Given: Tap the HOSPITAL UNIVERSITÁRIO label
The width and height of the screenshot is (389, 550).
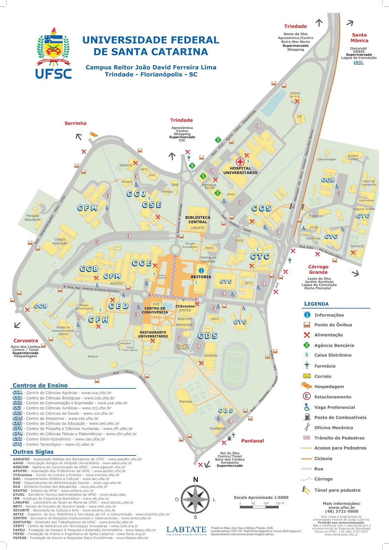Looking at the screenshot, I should pos(240,170).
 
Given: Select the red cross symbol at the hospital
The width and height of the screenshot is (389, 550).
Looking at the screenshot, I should pos(240,162).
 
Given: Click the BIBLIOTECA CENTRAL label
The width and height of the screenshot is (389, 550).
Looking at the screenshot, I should pos(198,220).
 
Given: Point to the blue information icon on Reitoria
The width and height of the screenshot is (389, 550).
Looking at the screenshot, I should pos(201,271).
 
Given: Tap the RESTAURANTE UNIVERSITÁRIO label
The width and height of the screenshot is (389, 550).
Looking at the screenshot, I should pos(153,334).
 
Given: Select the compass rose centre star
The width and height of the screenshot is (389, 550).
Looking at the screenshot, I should pos(195,499).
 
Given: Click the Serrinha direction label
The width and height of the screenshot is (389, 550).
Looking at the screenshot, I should pos(75,123).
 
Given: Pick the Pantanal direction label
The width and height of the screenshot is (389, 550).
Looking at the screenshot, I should pos(252,441).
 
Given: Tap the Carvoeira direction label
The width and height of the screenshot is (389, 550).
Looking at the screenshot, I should pos(26,341).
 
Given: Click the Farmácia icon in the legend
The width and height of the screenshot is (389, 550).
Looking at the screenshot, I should pos(307,366).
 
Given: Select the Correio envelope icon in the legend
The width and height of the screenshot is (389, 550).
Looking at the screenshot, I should pos(307,376).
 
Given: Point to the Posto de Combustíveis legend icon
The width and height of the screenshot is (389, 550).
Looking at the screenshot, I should pos(307,417).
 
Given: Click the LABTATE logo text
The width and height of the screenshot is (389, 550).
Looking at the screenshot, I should pos(186,529).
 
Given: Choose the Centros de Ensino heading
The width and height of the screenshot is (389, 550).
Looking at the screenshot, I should pos(40,385).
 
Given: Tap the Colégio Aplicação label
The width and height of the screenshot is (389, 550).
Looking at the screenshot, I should pos(60,241).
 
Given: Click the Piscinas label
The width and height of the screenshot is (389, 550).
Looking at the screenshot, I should pos(186,401).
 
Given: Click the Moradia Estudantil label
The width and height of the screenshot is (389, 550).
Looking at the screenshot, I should pos(33,218).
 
